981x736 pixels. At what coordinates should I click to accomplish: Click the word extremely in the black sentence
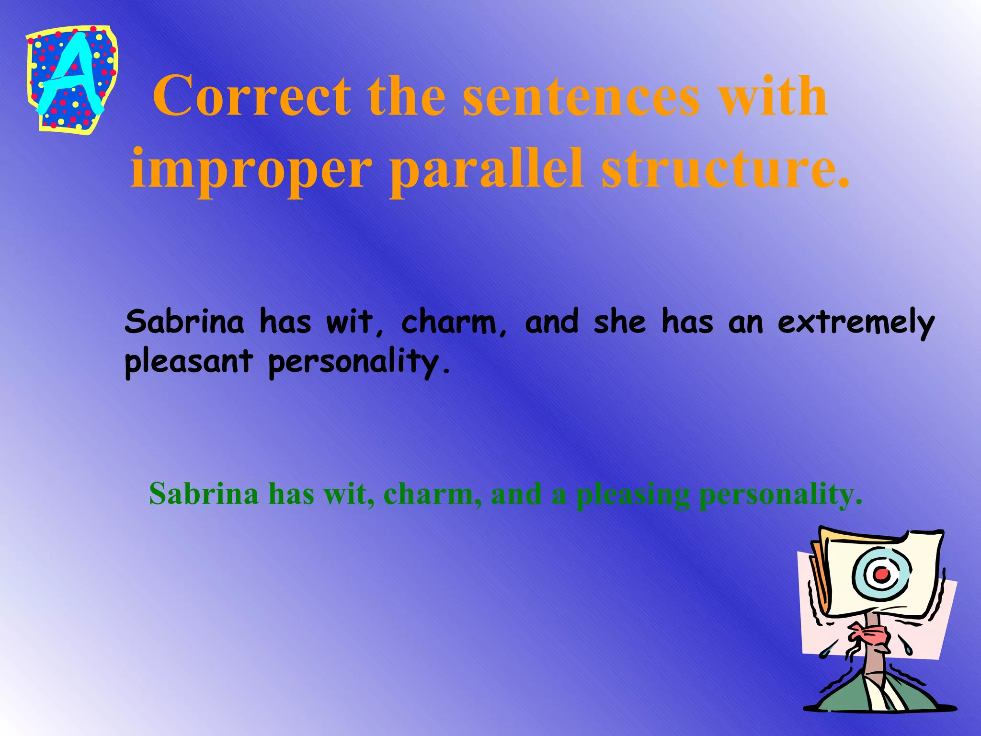pyautogui.click(x=856, y=323)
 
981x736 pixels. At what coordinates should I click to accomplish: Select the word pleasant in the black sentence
pyautogui.click(x=188, y=362)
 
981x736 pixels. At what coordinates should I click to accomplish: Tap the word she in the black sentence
pyautogui.click(x=619, y=322)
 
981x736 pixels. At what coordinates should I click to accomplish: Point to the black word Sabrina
pyautogui.click(x=184, y=322)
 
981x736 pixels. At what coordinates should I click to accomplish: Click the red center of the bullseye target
pyautogui.click(x=881, y=573)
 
